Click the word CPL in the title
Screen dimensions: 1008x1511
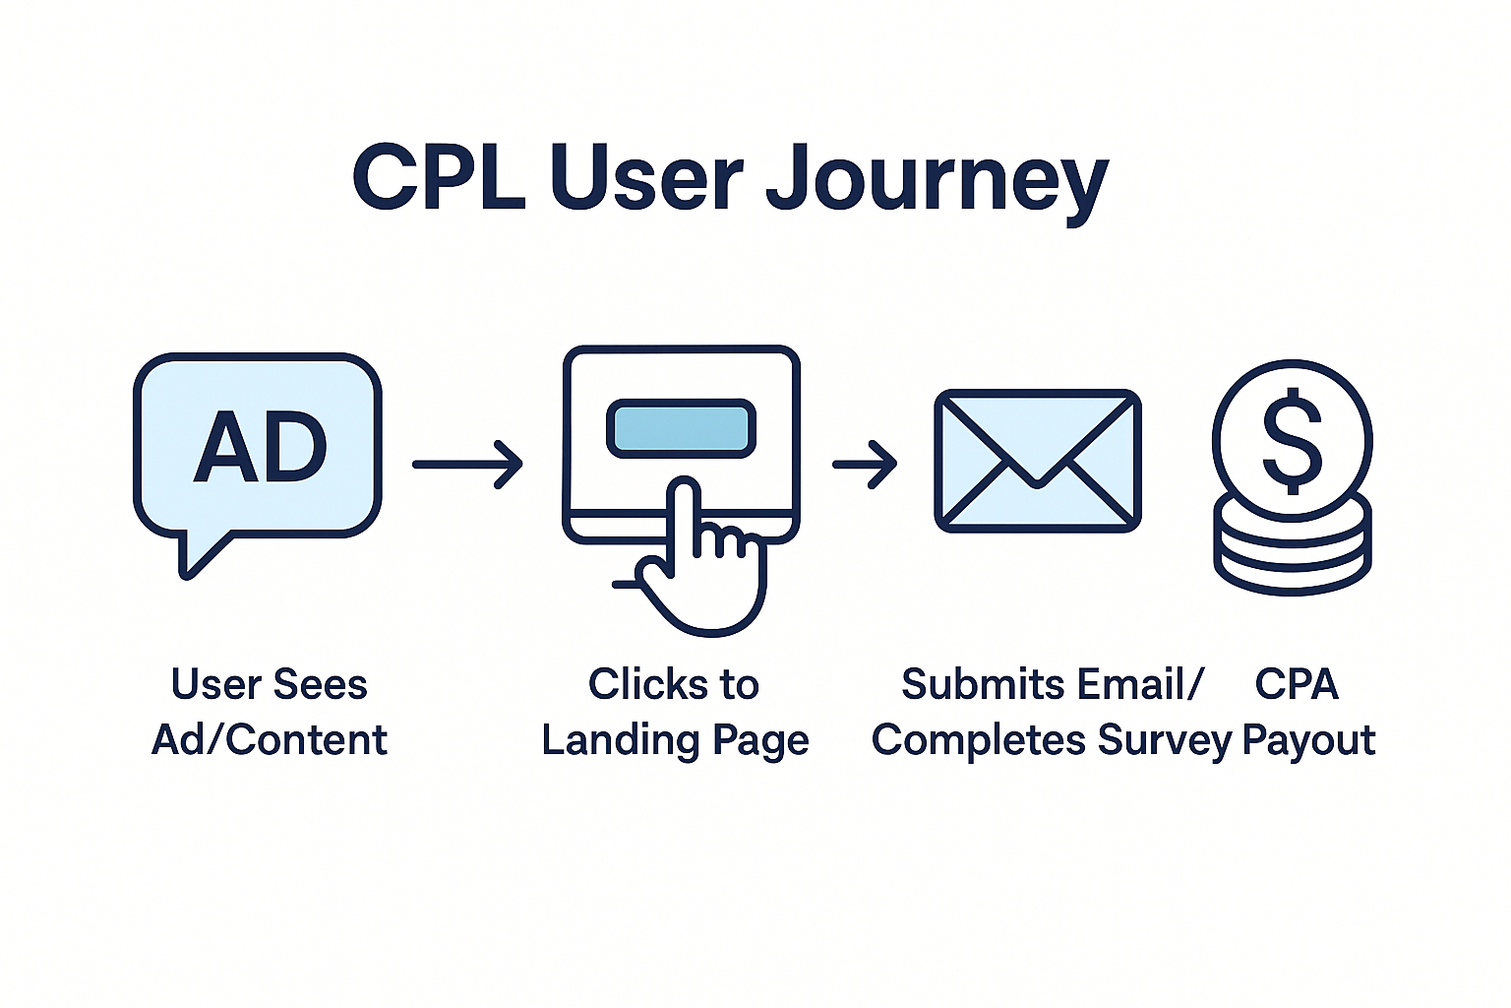pos(439,177)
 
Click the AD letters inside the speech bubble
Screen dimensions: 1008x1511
pos(261,448)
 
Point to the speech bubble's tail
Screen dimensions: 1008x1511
pos(197,556)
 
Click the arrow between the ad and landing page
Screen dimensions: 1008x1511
pos(467,464)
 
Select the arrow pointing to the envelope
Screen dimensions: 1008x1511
pos(865,464)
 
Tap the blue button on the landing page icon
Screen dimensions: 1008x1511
pos(681,429)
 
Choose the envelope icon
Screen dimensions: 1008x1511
pos(1037,461)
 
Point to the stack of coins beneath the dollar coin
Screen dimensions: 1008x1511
pos(1292,551)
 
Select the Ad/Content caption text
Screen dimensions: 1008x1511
pos(270,740)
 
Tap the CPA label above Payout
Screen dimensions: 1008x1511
pos(1297,684)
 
